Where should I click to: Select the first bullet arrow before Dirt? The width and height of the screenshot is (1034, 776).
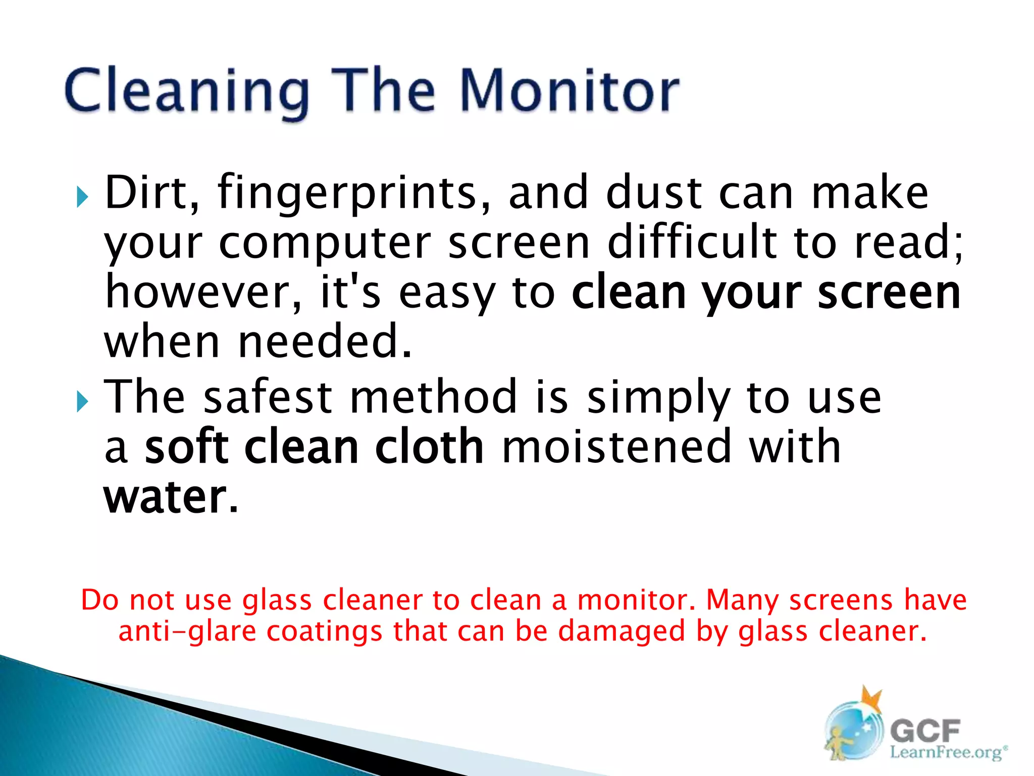(82, 197)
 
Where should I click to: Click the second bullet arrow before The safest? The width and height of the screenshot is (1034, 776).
(82, 402)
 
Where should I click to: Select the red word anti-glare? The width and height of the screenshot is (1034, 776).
(187, 632)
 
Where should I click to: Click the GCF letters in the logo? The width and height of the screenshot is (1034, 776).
(925, 731)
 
